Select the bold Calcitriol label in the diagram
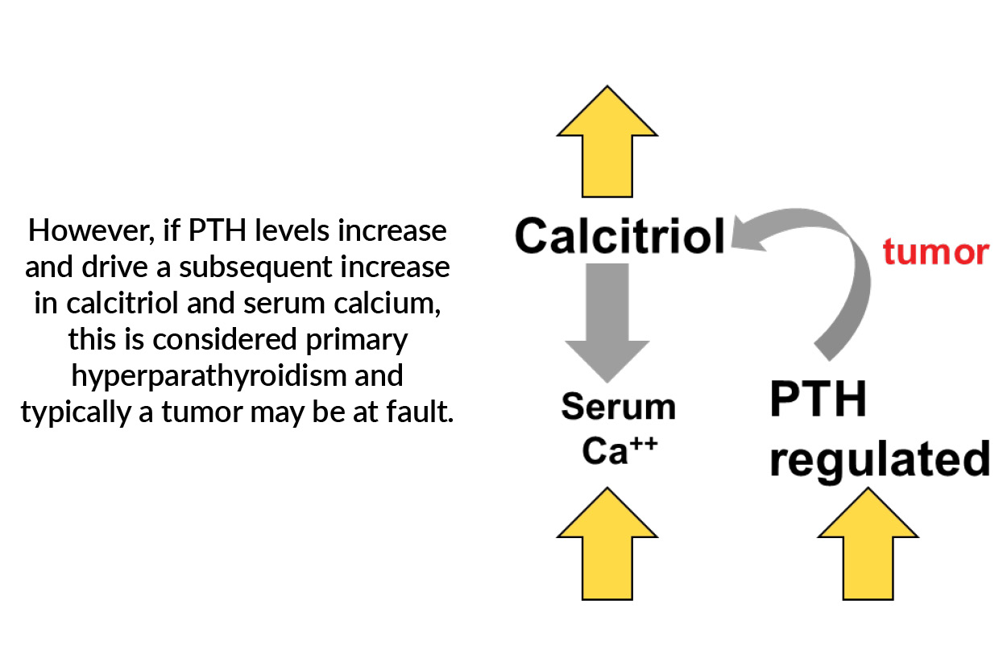click(620, 236)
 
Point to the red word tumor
click(934, 252)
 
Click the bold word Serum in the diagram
click(618, 407)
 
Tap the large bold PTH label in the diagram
click(818, 400)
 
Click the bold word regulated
click(879, 459)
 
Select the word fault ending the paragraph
click(422, 413)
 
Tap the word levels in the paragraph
click(284, 232)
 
